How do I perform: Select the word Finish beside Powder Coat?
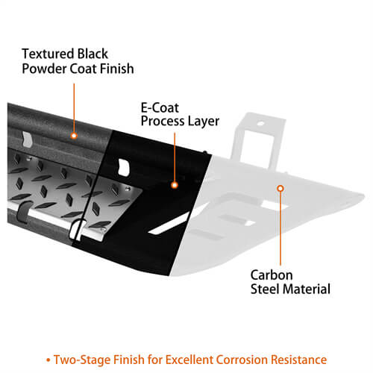point(117,69)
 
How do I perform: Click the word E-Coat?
point(160,108)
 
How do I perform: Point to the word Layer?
point(203,122)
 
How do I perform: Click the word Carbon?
point(272,275)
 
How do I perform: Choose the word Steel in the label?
point(265,289)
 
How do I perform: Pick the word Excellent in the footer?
point(189,360)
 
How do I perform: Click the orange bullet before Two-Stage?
point(48,360)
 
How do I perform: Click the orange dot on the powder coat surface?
point(74,136)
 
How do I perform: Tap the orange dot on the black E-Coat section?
point(175,185)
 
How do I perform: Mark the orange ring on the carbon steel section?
point(280,189)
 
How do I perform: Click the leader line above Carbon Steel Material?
point(280,228)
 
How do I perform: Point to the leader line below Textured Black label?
point(74,108)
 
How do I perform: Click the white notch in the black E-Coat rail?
point(124,167)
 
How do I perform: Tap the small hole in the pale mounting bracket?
point(260,123)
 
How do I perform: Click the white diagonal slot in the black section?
point(169,223)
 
